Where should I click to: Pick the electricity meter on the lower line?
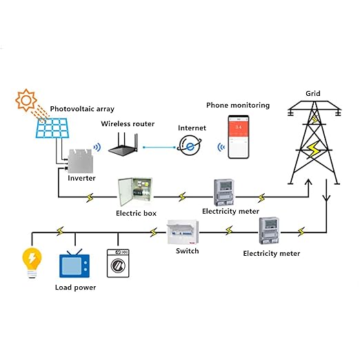pos(270,231)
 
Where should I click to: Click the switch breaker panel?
pos(183,233)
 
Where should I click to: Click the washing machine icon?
pos(118,263)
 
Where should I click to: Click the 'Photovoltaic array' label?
pos(81,109)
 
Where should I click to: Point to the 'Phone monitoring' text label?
pos(238,105)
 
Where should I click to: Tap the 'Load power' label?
pos(76,287)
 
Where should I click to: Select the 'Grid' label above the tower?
pos(312,93)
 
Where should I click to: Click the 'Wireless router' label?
pos(128,123)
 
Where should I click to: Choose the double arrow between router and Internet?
pos(157,146)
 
